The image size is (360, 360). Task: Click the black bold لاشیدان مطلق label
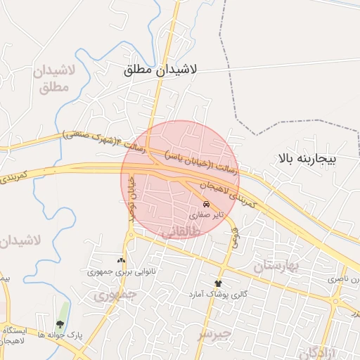(160, 70)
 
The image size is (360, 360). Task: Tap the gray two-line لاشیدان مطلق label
(50, 79)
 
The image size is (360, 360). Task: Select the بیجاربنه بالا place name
(308, 160)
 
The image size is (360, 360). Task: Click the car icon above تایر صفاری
(205, 203)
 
